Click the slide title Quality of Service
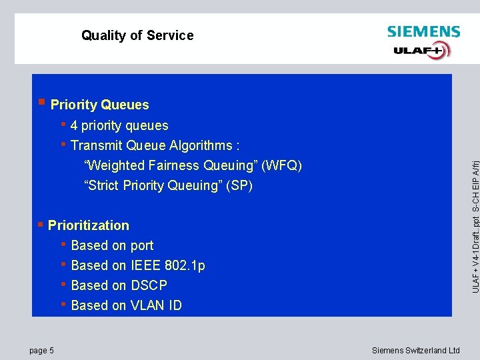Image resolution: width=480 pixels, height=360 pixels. click(x=137, y=35)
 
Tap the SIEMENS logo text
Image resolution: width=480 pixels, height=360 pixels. click(x=423, y=32)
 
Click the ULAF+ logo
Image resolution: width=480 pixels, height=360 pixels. click(x=422, y=50)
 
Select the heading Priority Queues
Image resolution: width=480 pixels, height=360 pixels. click(x=99, y=105)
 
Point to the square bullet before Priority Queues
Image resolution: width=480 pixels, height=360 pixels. click(x=41, y=102)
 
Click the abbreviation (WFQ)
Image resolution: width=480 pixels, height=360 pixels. click(x=282, y=165)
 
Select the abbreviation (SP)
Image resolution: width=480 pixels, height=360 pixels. click(x=239, y=185)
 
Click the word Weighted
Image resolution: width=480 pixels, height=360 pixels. click(x=113, y=165)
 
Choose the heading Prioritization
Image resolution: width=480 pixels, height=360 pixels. click(x=89, y=225)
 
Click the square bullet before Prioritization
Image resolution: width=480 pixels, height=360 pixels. click(x=41, y=224)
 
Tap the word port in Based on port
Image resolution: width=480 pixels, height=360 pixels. click(x=142, y=245)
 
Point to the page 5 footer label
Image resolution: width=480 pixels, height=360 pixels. click(x=42, y=351)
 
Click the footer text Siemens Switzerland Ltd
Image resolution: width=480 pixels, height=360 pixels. click(x=416, y=351)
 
